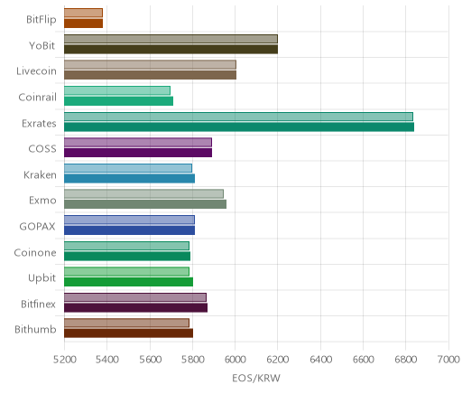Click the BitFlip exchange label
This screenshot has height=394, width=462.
(42, 20)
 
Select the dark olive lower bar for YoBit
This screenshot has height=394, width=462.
(171, 50)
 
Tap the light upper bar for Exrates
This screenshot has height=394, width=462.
(238, 117)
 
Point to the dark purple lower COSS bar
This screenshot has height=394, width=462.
(138, 153)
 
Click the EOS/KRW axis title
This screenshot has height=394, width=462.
(256, 378)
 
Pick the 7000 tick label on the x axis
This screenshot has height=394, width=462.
(448, 360)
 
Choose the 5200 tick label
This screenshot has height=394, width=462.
(64, 360)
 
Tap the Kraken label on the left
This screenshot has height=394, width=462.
(40, 175)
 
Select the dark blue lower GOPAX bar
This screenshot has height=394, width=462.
(129, 230)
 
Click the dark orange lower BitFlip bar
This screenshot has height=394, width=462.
(83, 23)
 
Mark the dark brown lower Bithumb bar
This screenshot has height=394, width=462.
(128, 333)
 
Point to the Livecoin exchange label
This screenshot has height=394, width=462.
(36, 71)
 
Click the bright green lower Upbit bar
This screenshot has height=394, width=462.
(128, 282)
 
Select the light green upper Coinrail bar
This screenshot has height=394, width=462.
(117, 90)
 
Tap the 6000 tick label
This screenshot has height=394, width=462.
(235, 360)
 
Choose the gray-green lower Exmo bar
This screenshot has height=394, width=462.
(145, 204)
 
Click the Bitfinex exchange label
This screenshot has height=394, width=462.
(38, 304)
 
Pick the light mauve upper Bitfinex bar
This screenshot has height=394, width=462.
(135, 297)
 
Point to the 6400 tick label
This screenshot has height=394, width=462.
(320, 360)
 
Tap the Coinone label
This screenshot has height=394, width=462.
(35, 252)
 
